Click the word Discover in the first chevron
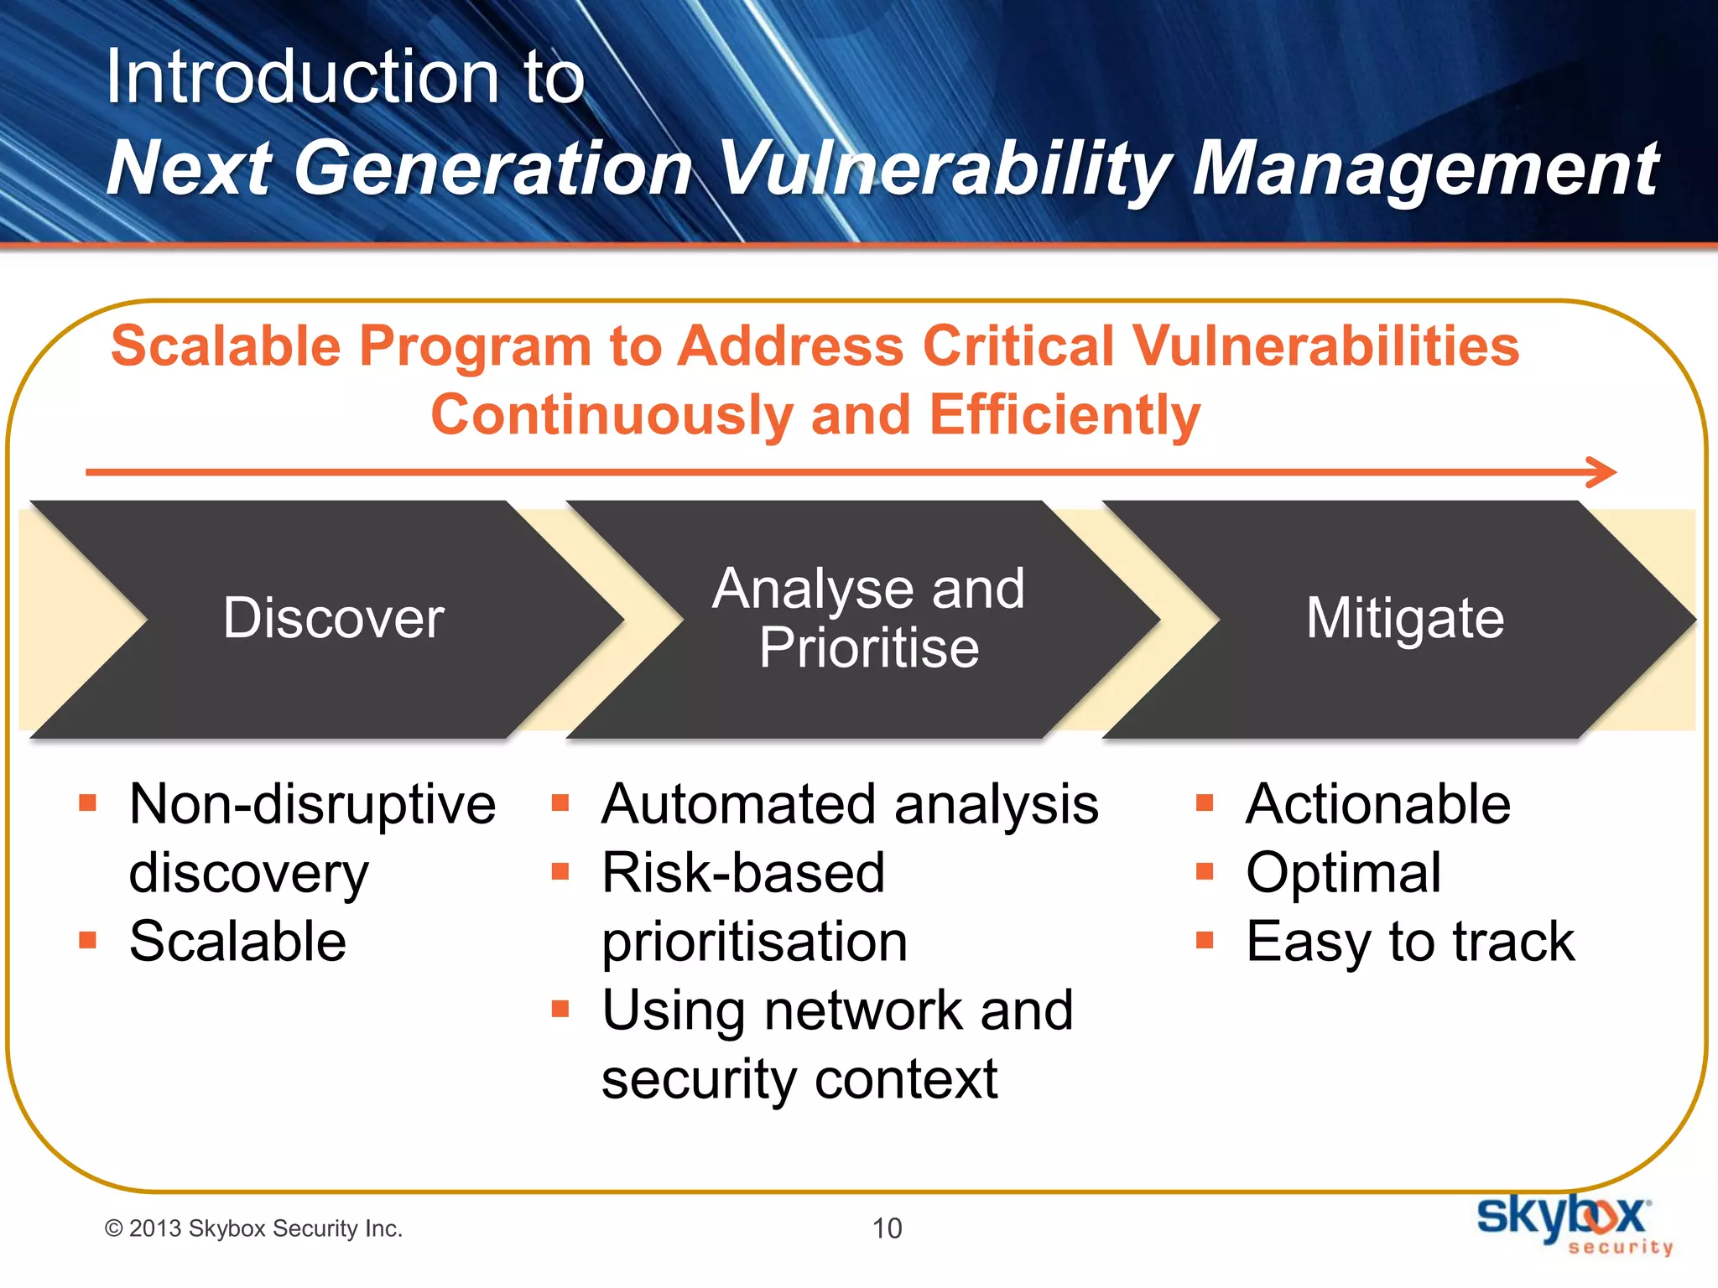coord(333,619)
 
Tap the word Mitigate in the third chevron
coord(1405,619)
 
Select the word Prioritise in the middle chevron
coord(869,648)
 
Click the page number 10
coord(887,1228)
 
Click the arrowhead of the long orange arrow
coord(1602,472)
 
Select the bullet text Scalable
coord(237,941)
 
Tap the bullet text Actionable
coord(1378,804)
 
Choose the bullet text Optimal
coord(1343,873)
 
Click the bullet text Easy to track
coord(1410,942)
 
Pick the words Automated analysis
coord(850,804)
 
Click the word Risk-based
coord(743,873)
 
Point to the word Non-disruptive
coord(312,804)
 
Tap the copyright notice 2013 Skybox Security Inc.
coord(253,1228)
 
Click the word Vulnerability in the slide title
coord(945,169)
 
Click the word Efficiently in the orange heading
coord(1065,416)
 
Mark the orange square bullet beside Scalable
coord(87,940)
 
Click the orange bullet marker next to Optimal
coord(1205,872)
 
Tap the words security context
coord(799,1079)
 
